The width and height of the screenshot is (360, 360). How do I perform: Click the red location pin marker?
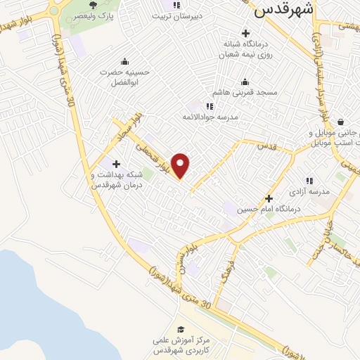[x=181, y=165]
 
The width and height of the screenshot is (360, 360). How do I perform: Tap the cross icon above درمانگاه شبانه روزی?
[x=245, y=33]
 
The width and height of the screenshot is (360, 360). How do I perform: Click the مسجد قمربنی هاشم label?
[x=247, y=92]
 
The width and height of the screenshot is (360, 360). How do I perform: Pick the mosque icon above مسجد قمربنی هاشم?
[x=245, y=82]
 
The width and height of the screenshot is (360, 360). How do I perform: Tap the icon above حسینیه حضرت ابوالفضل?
[x=124, y=62]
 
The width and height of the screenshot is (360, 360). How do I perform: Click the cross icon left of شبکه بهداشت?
[x=115, y=165]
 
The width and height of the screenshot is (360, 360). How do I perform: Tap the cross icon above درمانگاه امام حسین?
[x=269, y=198]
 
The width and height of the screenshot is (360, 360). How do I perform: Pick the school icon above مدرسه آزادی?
[x=309, y=181]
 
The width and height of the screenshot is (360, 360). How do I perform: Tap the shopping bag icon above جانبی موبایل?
[x=340, y=121]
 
